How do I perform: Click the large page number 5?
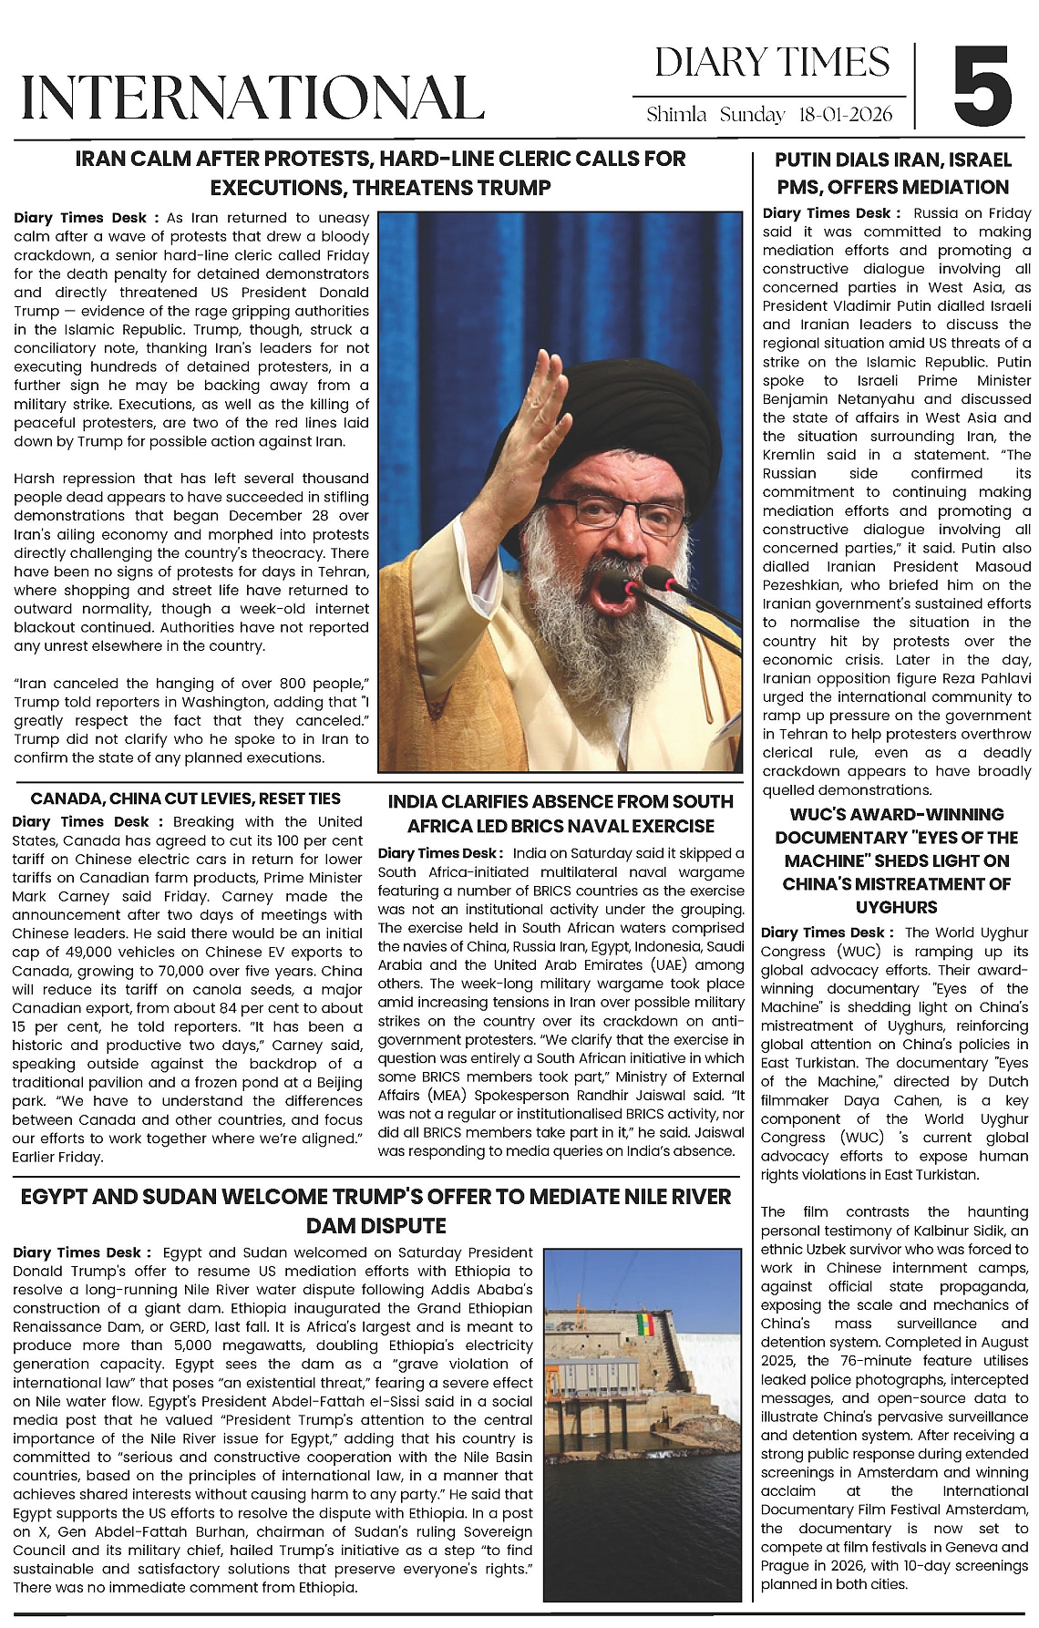(982, 87)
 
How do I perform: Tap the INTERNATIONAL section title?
(252, 98)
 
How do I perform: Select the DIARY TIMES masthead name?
(771, 62)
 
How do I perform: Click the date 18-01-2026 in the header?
(844, 116)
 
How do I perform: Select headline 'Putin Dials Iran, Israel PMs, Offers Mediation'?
(893, 173)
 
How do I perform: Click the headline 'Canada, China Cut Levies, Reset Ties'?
(186, 799)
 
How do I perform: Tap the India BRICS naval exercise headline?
(561, 813)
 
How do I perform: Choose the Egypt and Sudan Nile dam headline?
(375, 1211)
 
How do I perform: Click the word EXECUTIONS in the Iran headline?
(279, 188)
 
